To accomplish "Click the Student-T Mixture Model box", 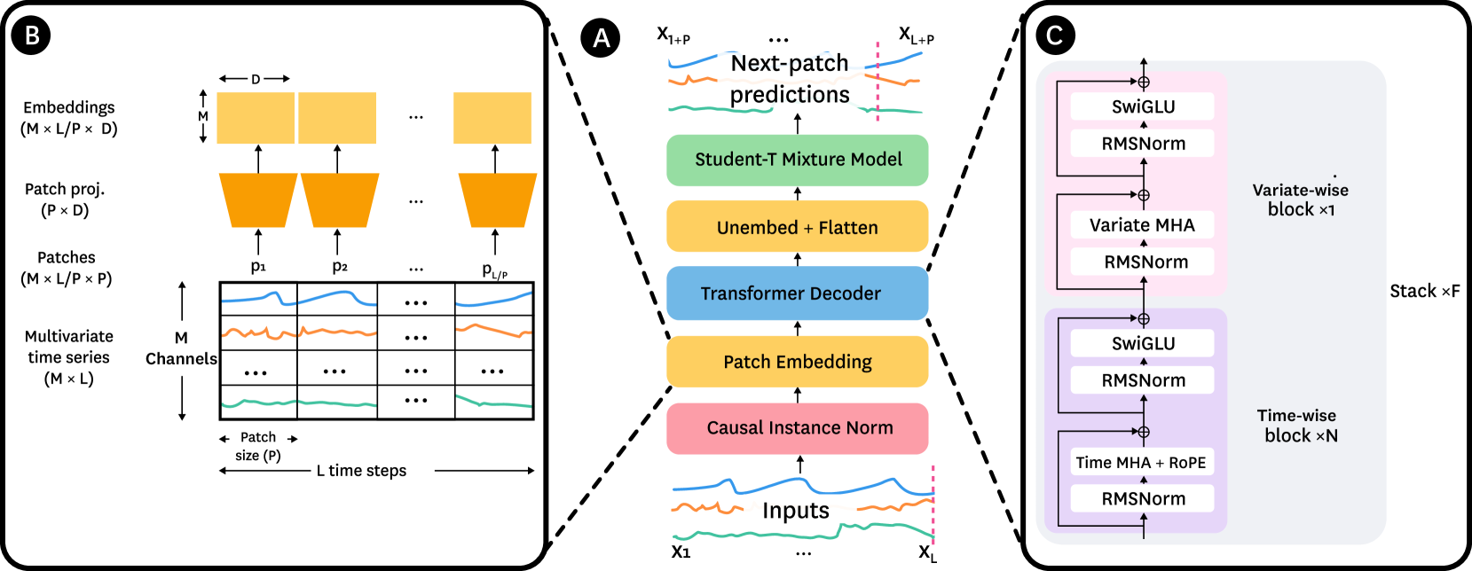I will click(x=797, y=160).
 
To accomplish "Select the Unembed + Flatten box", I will click(x=797, y=227).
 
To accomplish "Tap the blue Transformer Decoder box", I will click(x=797, y=293).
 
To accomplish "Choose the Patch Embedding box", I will click(x=797, y=362).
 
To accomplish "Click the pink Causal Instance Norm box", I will click(x=797, y=428).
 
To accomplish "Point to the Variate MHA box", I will click(x=1142, y=225).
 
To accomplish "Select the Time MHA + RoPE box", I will click(x=1141, y=463).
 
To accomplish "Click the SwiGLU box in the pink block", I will click(x=1142, y=106).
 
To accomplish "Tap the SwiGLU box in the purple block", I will click(x=1142, y=343).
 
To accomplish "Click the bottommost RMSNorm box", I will click(x=1142, y=498).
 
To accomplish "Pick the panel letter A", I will click(x=602, y=39).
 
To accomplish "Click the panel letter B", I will click(x=33, y=35).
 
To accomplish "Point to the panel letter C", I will click(x=1054, y=35).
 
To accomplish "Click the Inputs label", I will click(x=797, y=511).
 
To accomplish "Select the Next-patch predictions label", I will click(x=790, y=79).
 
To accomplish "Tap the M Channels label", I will click(x=170, y=348).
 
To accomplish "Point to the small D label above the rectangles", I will click(x=256, y=79).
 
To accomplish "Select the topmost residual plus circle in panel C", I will click(x=1144, y=82).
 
